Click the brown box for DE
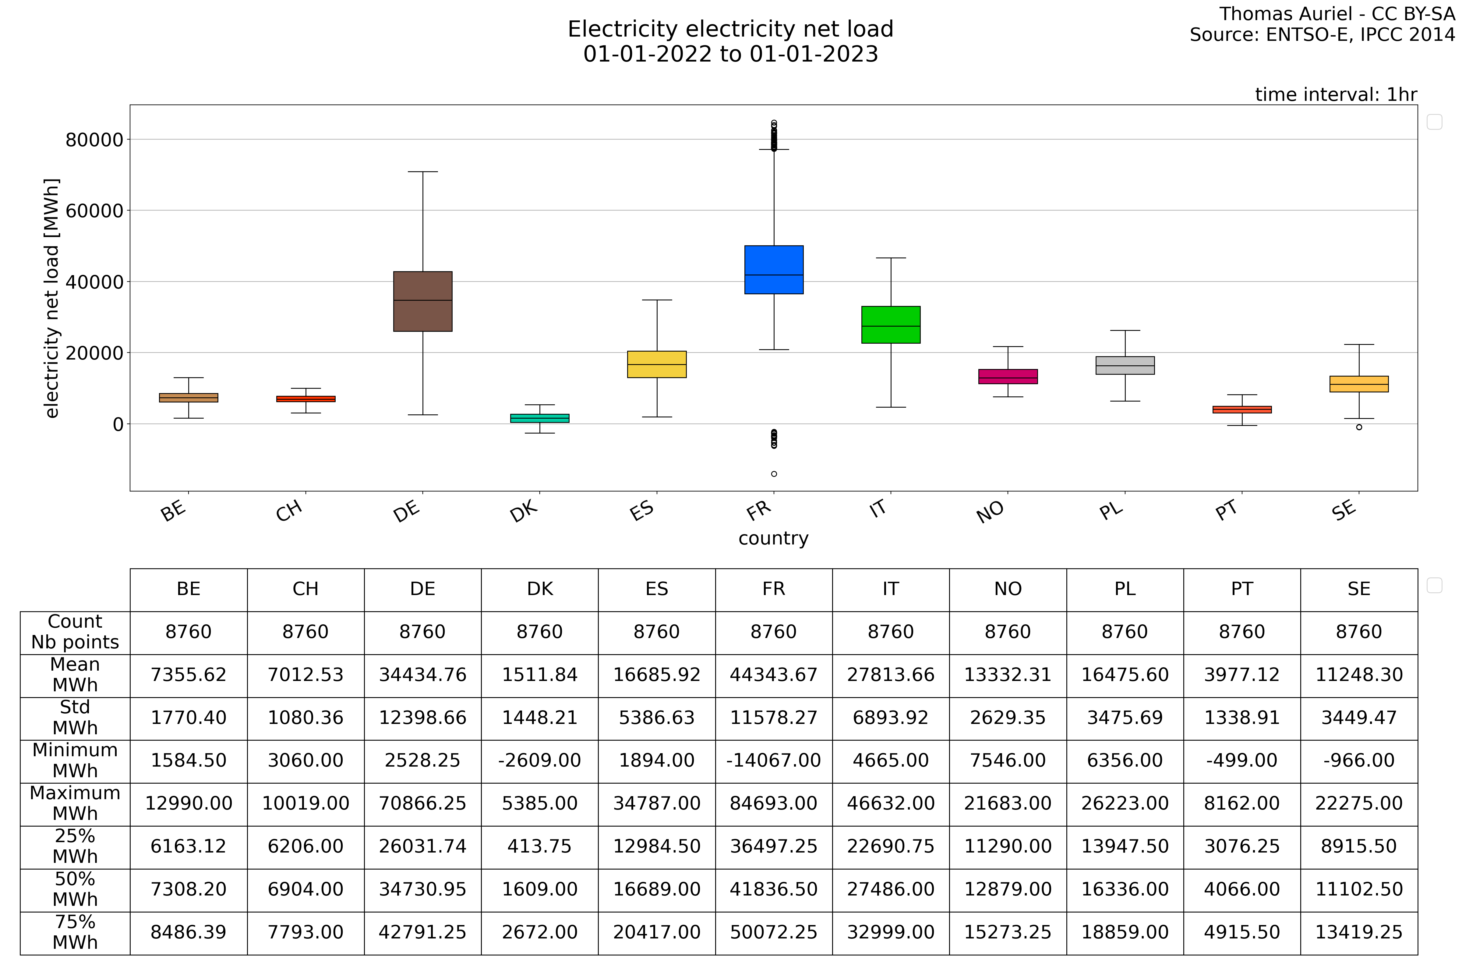pos(423,302)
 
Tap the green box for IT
pos(891,324)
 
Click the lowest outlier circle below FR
pos(774,474)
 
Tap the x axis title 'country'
pos(773,538)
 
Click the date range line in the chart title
pos(730,54)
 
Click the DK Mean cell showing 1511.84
pos(539,675)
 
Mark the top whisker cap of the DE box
pos(423,172)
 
